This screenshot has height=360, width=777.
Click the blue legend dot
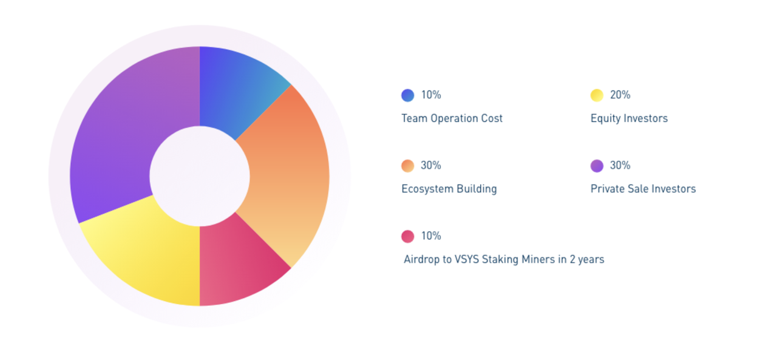tap(407, 95)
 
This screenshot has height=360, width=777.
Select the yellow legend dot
tap(597, 95)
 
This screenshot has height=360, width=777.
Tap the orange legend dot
tap(407, 166)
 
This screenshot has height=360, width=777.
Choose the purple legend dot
tap(597, 166)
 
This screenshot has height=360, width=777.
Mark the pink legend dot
tap(407, 236)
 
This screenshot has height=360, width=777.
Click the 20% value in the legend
tap(620, 95)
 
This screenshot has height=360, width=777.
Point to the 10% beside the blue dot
tap(431, 95)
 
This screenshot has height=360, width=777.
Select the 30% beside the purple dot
tap(620, 165)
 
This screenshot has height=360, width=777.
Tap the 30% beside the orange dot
tap(431, 165)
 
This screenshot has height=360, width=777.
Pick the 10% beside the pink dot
tap(431, 236)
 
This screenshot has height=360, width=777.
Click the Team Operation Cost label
tap(452, 118)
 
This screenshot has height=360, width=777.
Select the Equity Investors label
tap(629, 118)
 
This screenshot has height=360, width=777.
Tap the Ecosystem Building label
tap(449, 189)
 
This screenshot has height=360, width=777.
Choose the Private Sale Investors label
tap(643, 189)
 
